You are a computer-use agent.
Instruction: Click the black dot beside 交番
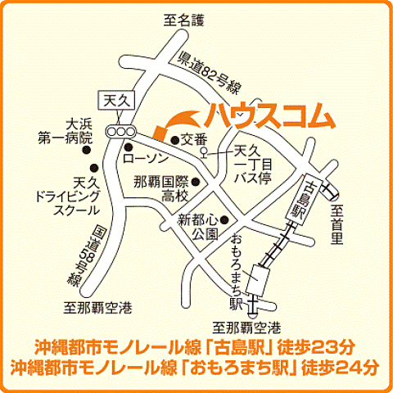click(174, 140)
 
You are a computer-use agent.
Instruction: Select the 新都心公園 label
click(199, 226)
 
